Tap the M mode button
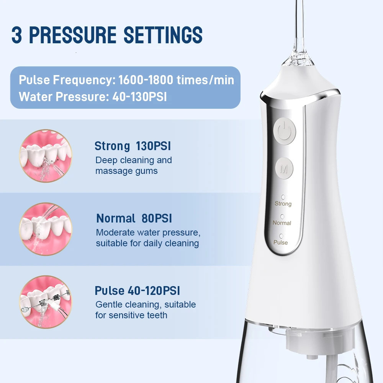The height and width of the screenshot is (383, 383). click(284, 169)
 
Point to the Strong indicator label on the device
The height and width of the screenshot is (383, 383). click(283, 203)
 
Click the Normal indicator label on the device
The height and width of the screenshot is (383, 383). click(282, 223)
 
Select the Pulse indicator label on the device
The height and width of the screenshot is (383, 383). click(281, 242)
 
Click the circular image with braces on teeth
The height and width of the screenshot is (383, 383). click(46, 302)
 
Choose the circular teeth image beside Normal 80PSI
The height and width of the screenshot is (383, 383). click(46, 229)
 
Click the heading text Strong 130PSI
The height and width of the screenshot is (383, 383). click(133, 146)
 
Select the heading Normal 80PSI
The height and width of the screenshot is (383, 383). click(134, 218)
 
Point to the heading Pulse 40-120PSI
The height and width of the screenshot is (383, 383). click(137, 291)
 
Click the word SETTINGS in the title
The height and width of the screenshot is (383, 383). click(163, 35)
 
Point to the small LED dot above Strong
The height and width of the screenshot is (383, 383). click(283, 197)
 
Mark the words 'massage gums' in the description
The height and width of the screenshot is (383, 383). click(126, 171)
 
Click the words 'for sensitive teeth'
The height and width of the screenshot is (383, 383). click(131, 315)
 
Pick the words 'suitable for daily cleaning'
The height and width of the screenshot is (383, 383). click(147, 243)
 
